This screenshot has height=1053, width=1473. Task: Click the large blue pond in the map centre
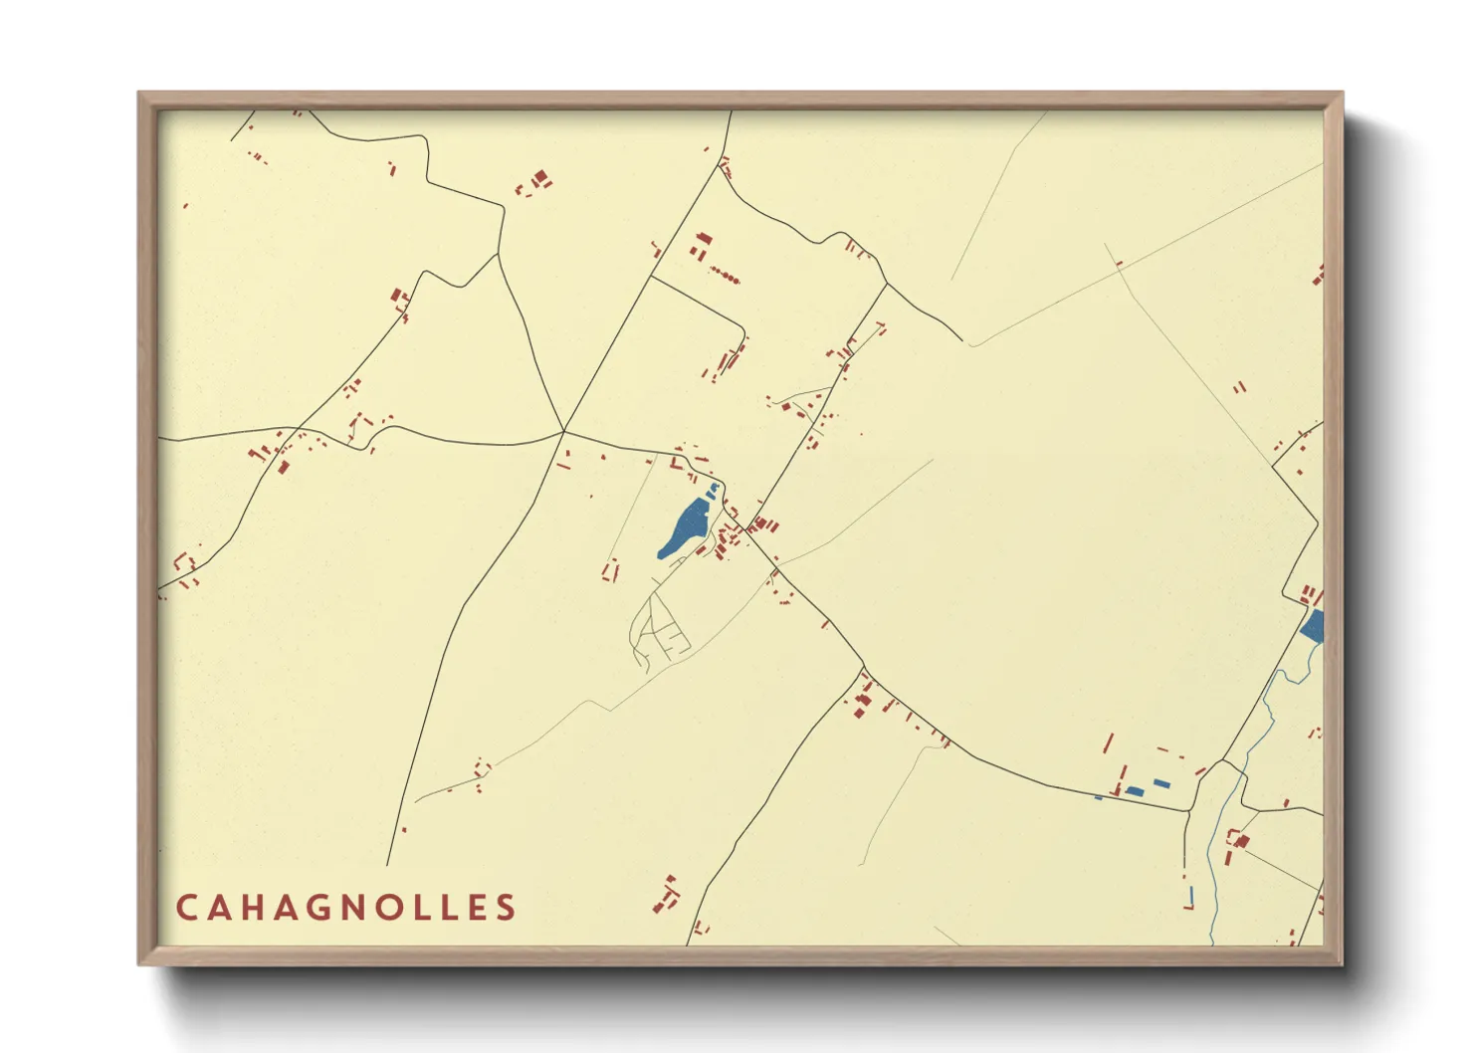pos(685,528)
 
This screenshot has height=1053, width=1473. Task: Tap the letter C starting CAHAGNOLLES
pos(186,908)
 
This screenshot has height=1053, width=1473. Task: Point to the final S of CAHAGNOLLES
pos(507,908)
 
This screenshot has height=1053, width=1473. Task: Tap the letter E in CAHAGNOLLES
pos(476,908)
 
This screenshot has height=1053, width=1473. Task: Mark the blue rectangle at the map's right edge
pos(1314,627)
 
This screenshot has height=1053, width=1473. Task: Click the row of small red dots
pos(725,276)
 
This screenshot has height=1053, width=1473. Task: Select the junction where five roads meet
pos(563,431)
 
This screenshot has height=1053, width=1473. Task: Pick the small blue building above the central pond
pos(713,490)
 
